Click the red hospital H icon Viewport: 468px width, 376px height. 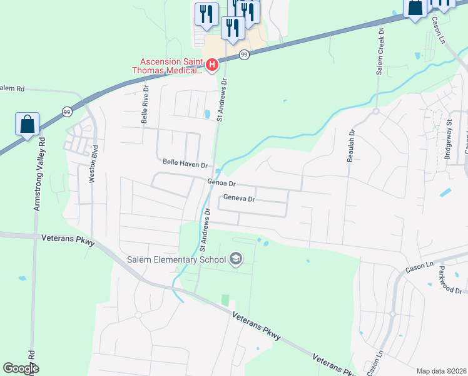(212, 65)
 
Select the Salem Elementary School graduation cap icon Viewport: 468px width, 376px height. (236, 259)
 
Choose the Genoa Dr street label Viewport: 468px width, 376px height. (221, 184)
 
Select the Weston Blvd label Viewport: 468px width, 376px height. (92, 164)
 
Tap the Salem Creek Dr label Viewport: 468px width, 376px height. (379, 51)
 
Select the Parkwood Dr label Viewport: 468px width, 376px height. (450, 279)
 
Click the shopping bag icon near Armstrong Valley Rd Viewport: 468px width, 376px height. (28, 124)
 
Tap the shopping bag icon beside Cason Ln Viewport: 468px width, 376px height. (415, 9)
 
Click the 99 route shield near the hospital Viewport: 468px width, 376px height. (245, 55)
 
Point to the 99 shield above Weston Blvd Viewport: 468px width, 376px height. (67, 112)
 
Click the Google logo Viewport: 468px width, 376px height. (21, 368)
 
